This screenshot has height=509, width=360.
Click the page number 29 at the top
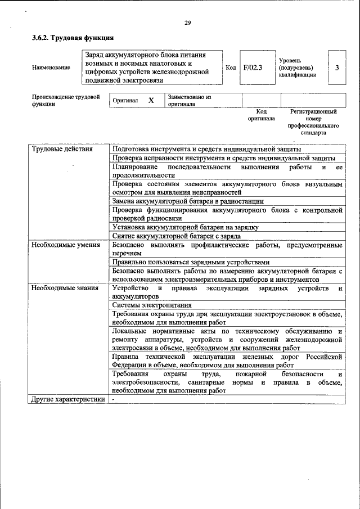click(187, 22)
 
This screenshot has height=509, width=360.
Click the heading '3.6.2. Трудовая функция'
click(73, 38)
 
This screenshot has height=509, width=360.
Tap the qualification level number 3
click(336, 67)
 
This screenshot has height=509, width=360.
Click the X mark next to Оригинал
click(151, 100)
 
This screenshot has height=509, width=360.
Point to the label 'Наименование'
click(51, 67)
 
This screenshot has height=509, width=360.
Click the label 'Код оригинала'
click(262, 115)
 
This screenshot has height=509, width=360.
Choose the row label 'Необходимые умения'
click(66, 245)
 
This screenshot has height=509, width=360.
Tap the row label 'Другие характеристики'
click(68, 399)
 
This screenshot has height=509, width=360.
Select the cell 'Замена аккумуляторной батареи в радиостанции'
click(188, 201)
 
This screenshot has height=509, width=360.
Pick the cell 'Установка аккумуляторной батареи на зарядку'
click(185, 227)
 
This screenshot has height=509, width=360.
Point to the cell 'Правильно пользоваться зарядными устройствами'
click(191, 262)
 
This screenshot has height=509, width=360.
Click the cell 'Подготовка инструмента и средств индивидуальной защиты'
click(206, 149)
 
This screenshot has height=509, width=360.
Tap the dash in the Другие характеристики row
click(113, 399)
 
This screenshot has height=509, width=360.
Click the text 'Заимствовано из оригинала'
click(189, 100)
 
